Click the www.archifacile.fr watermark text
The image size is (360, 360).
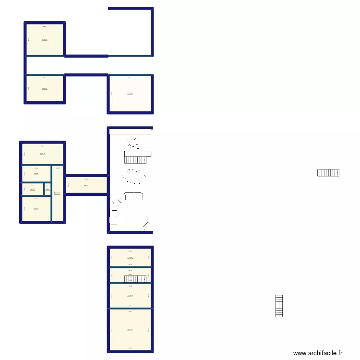[318, 353]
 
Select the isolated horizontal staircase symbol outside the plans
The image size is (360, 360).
[328, 173]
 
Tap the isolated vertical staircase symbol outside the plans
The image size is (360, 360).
[279, 306]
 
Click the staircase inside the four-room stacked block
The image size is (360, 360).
[135, 279]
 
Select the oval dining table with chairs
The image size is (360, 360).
[135, 177]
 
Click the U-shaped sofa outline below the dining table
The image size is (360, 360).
[134, 196]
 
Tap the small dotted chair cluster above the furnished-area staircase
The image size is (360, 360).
[133, 142]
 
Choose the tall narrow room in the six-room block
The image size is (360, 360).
[58, 193]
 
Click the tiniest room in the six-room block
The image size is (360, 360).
[48, 189]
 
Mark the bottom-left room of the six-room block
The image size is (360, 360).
[36, 209]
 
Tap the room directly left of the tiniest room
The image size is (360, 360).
[33, 189]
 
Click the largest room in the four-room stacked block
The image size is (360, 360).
[130, 330]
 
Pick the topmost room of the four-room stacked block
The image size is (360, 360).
[130, 257]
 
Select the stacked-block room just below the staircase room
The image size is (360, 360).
[130, 296]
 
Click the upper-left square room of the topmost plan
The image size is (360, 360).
[44, 40]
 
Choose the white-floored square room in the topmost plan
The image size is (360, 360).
[131, 94]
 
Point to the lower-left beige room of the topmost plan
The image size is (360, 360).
[44, 89]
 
